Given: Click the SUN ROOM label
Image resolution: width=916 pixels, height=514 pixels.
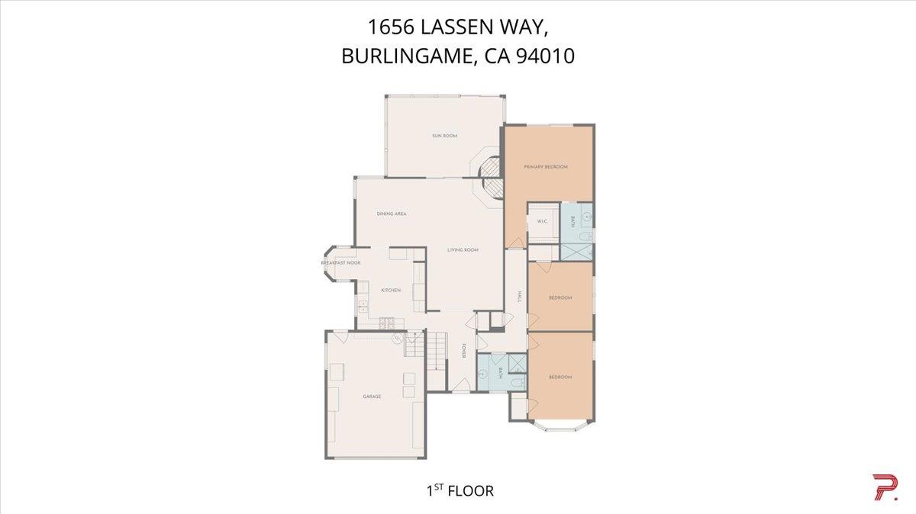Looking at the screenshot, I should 444,136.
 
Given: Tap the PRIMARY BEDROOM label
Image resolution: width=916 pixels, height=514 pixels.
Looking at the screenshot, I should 546,166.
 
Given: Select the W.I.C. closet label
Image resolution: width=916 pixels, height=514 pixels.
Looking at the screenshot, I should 542,222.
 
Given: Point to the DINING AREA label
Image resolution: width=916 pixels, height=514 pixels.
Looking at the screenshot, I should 391,214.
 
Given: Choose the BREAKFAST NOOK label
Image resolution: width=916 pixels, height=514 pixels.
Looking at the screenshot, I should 340,263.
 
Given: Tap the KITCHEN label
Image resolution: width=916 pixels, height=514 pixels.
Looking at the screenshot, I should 391,291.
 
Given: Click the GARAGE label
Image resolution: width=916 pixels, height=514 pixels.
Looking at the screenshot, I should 372,397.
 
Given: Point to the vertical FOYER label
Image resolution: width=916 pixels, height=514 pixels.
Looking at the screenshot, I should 463,352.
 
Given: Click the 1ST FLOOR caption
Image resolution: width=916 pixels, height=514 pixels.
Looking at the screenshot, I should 460,490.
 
